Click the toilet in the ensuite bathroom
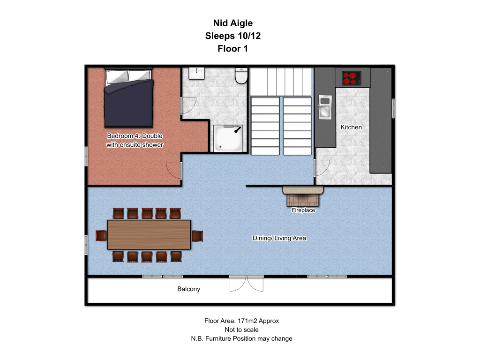coord(241,75)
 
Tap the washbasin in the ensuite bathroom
coord(196,73)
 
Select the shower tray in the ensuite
coord(228,138)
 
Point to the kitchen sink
coord(325,107)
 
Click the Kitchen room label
coord(351,127)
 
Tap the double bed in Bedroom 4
coord(128,98)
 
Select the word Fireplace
coord(303,210)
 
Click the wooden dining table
coord(149,234)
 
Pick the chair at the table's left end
coord(101,236)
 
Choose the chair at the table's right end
coord(197,236)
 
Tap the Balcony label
coord(188,289)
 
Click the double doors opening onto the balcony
coord(247,283)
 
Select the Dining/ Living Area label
coord(279,238)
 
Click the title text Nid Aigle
coord(233,23)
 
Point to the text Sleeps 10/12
coord(233,36)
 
